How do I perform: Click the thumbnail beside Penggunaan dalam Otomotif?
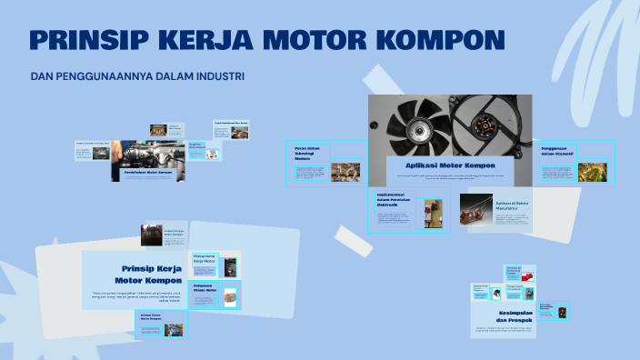(592, 172)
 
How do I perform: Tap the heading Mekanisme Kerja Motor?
(205, 260)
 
